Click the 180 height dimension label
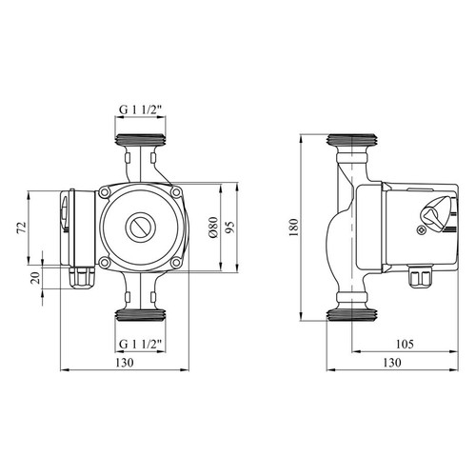tap(294, 227)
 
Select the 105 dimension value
tap(405, 344)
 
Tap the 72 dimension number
tap(22, 228)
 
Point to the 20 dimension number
tap(36, 278)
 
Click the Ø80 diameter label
tap(214, 228)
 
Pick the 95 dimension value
tap(230, 228)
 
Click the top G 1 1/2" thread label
tap(141, 109)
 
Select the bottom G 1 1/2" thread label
tap(141, 344)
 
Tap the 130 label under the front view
tap(125, 363)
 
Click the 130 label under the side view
tap(392, 363)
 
